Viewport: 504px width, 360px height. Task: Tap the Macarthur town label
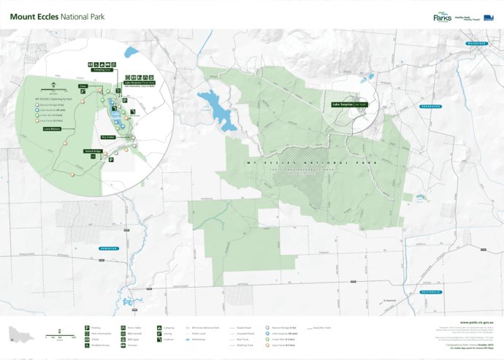tap(481, 45)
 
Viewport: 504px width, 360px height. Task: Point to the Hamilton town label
tap(110, 249)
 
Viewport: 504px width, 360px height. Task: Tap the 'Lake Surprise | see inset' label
tap(348, 104)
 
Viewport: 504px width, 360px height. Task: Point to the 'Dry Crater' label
tap(110, 136)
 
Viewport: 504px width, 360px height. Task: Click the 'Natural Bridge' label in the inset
tap(92, 151)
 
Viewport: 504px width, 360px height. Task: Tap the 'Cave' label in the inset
tap(83, 85)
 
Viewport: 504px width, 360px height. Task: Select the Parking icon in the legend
tap(87, 329)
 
